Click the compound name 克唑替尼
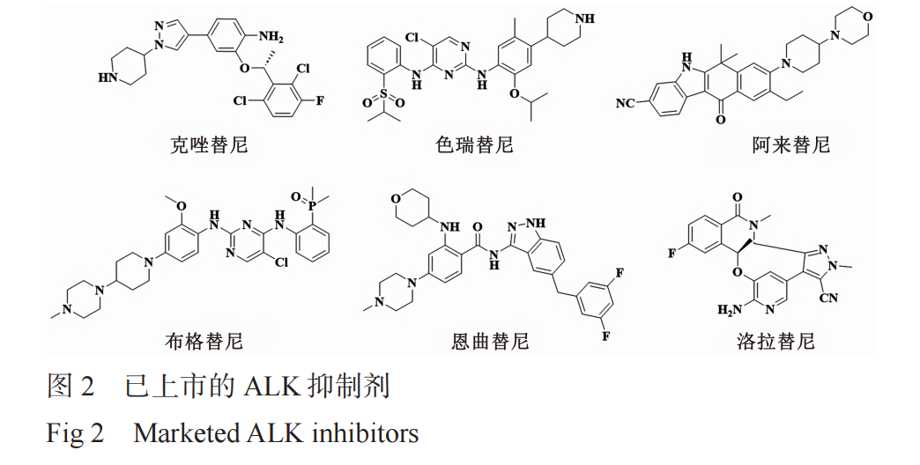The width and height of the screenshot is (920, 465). click(209, 143)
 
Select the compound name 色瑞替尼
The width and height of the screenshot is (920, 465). click(474, 143)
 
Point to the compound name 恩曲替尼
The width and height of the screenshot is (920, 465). click(490, 338)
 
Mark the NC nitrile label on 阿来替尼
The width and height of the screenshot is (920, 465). click(627, 103)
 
